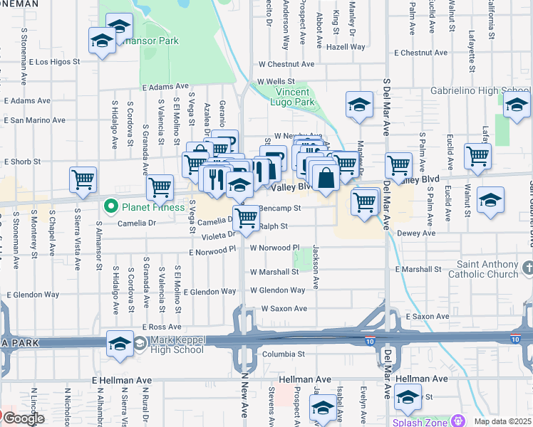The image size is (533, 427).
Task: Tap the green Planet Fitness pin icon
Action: [x=110, y=208]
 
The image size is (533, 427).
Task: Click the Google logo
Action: [x=23, y=418]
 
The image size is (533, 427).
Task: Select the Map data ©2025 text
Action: [x=503, y=421]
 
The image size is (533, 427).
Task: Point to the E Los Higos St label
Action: [x=58, y=62]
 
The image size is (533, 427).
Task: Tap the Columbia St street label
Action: [x=282, y=354]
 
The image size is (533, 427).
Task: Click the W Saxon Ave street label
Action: [x=284, y=309]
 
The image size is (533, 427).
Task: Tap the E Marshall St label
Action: [x=418, y=270]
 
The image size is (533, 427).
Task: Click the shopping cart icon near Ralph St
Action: [x=246, y=218]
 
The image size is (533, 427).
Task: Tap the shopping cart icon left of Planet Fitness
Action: [x=83, y=179]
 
